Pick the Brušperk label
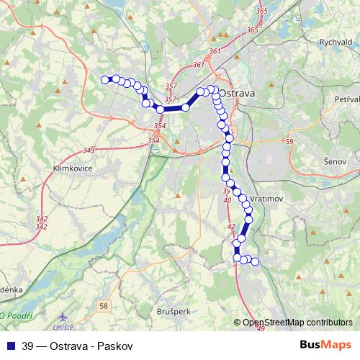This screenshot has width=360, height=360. point(174,312)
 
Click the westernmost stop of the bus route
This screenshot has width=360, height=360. point(105,79)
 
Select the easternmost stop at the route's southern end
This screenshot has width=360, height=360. point(254,261)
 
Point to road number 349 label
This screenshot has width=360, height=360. point(89,150)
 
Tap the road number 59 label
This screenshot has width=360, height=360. point(289,142)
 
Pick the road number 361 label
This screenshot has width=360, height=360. point(214,51)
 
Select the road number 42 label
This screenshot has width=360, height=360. point(231,227)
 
